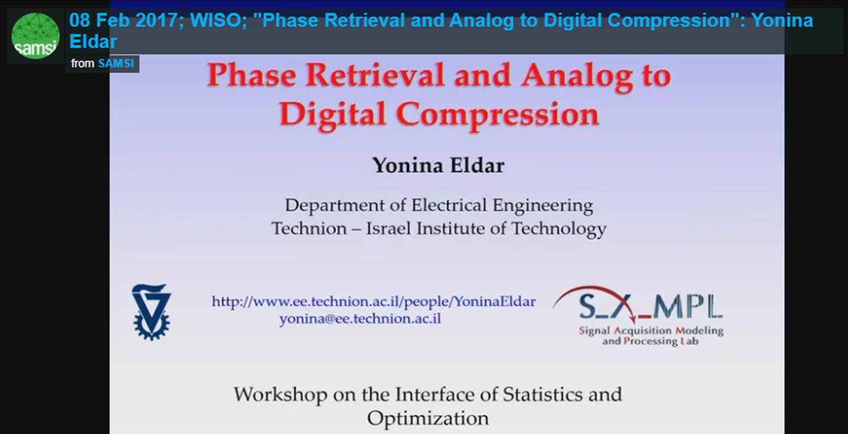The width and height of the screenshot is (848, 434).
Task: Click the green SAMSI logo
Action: click(x=35, y=35)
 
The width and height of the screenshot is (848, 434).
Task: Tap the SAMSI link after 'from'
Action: click(x=116, y=63)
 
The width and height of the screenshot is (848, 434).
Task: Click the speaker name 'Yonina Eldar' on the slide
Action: click(x=438, y=166)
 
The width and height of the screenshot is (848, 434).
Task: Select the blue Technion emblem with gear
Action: click(x=151, y=311)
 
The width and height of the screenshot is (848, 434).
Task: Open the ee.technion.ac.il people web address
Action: click(x=373, y=302)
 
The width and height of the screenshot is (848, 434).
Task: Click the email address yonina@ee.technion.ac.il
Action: click(x=360, y=319)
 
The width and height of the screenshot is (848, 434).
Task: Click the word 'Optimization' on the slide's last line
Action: click(x=428, y=418)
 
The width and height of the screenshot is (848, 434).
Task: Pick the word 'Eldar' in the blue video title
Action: click(x=93, y=41)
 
